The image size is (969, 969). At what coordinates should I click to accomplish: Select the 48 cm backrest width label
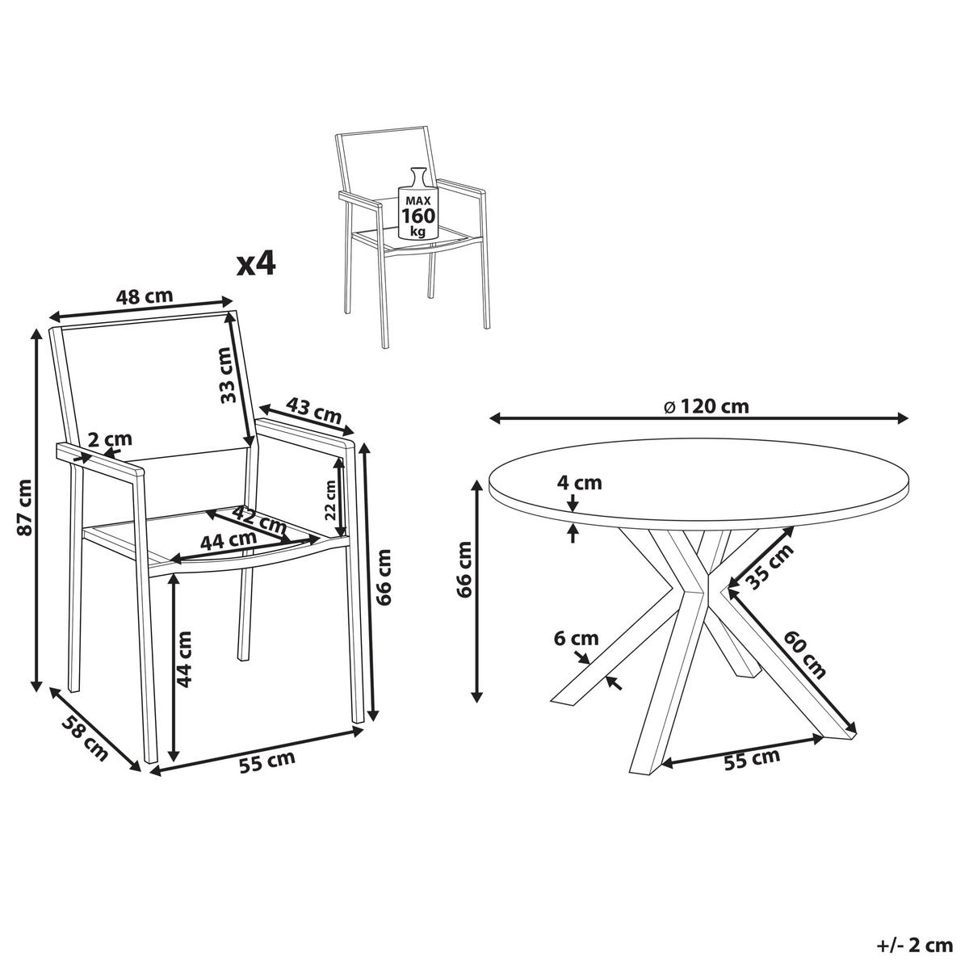pyautogui.click(x=145, y=296)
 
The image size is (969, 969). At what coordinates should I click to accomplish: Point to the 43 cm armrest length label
pyautogui.click(x=314, y=410)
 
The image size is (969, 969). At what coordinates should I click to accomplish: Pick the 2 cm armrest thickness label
pyautogui.click(x=110, y=439)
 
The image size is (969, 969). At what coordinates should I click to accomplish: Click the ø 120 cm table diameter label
pyautogui.click(x=706, y=406)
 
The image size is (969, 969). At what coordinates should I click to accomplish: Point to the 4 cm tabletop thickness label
pyautogui.click(x=579, y=483)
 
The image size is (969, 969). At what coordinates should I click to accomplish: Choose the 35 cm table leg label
pyautogui.click(x=770, y=567)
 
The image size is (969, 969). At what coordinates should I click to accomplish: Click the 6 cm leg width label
pyautogui.click(x=577, y=639)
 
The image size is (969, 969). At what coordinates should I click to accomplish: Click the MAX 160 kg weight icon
pyautogui.click(x=417, y=204)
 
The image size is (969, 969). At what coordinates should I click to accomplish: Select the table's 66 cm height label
pyautogui.click(x=465, y=569)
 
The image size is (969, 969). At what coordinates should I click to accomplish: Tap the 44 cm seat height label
pyautogui.click(x=185, y=659)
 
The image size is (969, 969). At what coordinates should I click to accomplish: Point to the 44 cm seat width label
pyautogui.click(x=229, y=540)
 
